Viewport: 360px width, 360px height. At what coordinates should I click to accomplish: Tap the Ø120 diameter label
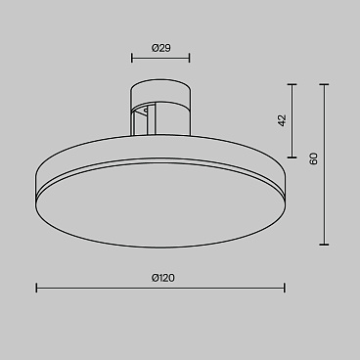(162, 278)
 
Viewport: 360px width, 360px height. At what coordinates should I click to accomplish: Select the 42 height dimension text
(282, 120)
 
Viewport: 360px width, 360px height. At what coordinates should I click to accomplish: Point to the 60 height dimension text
(313, 158)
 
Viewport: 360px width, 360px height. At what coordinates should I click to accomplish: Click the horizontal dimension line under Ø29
(160, 58)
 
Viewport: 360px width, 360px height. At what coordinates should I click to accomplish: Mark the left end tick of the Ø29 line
(132, 58)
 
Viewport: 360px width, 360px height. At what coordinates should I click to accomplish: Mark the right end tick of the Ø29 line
(190, 58)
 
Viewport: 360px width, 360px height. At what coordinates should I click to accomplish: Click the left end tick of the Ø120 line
(37, 288)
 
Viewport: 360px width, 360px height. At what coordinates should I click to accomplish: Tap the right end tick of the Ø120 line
(285, 288)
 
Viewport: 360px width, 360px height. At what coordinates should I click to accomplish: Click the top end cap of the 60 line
(326, 83)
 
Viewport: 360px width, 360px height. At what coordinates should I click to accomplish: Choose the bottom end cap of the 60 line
(326, 245)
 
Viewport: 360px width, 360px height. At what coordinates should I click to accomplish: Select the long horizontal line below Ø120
(160, 288)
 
